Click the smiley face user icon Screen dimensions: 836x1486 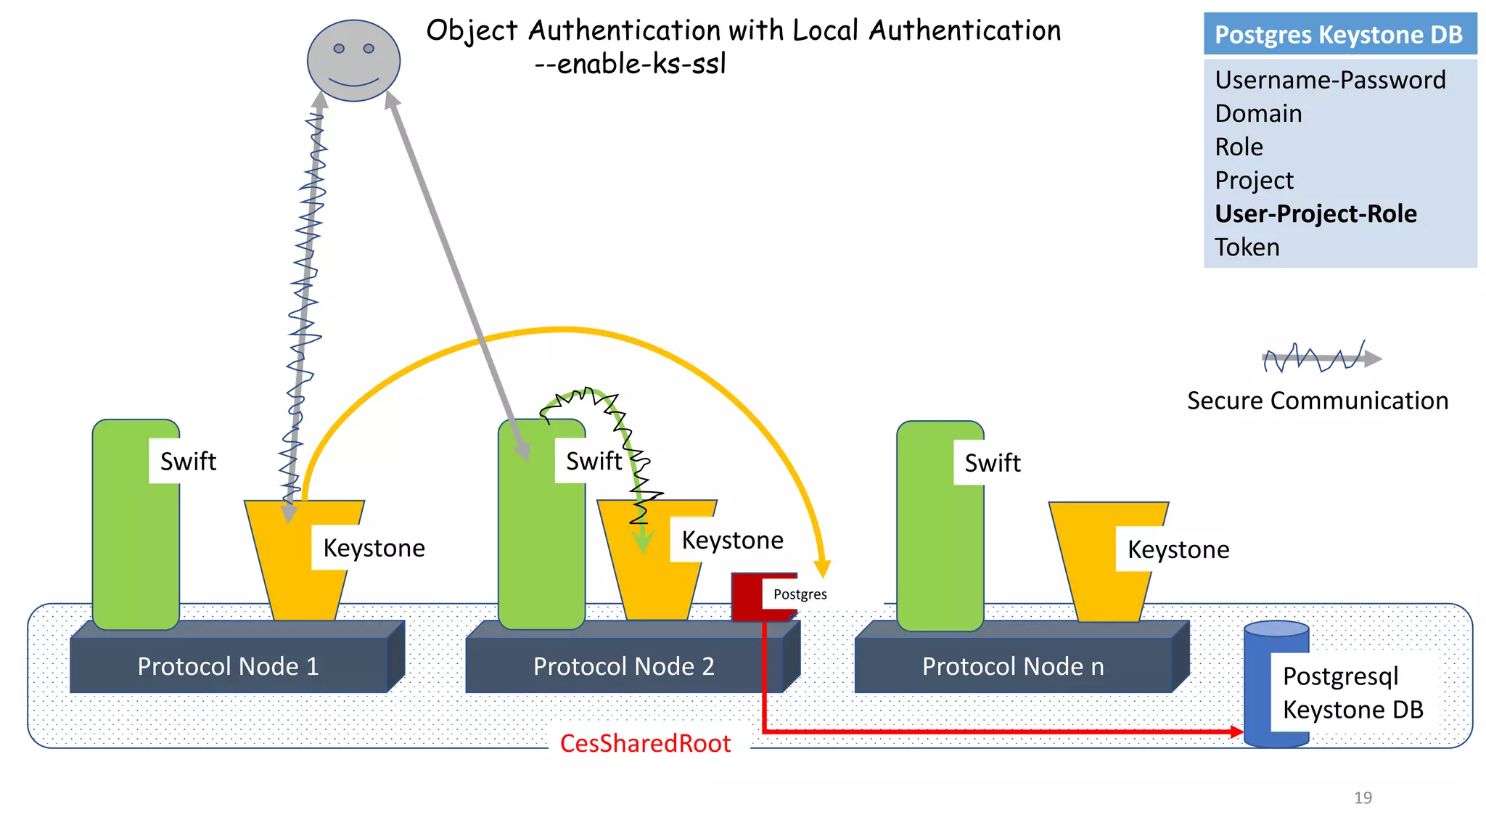tap(353, 61)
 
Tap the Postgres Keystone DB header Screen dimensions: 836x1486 tap(1339, 34)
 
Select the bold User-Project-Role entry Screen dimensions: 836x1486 tap(1315, 214)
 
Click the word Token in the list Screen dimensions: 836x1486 tap(1247, 247)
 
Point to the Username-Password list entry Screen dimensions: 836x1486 tap(1329, 80)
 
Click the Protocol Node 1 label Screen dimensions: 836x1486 tap(228, 666)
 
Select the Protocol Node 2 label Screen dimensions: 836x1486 tap(623, 666)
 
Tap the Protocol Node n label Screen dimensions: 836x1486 tap(1012, 666)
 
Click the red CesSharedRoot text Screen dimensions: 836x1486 tap(645, 744)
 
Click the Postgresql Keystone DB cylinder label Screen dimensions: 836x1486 tap(1352, 692)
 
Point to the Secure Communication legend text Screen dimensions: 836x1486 tap(1317, 401)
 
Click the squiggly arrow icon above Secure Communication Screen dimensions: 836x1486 tap(1321, 358)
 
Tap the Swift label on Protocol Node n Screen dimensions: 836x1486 tap(992, 463)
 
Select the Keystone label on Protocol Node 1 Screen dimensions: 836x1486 tap(374, 548)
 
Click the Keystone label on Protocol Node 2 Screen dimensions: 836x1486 tap(732, 541)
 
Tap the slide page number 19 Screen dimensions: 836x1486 tap(1363, 798)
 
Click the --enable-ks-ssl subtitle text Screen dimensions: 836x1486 tap(630, 64)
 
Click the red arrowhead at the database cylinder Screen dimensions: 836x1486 tap(1237, 731)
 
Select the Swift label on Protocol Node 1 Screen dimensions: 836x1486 tap(188, 462)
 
